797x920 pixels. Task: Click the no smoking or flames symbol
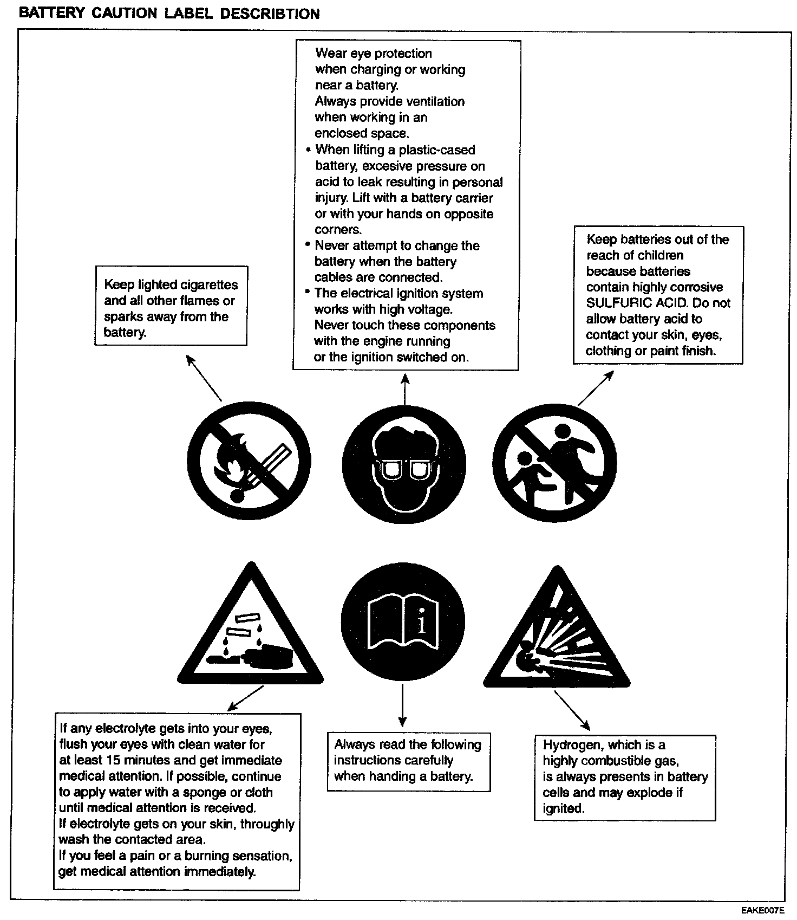tap(249, 462)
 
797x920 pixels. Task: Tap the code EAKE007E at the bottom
tap(763, 910)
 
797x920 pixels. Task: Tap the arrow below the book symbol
tap(402, 704)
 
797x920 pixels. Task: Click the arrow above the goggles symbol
tap(405, 388)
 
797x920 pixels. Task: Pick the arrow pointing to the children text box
tap(596, 388)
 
